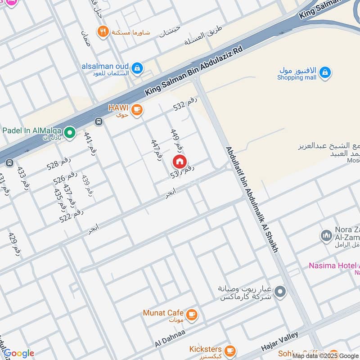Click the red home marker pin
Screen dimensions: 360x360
click(179, 162)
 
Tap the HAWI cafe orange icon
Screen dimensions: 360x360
click(137, 109)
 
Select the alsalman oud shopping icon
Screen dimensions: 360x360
click(138, 68)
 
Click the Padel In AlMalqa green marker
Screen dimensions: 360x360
click(69, 132)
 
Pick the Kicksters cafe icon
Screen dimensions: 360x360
click(229, 350)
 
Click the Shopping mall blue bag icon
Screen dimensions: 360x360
click(325, 72)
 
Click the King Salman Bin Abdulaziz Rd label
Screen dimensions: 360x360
click(193, 70)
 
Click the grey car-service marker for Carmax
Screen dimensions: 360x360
click(280, 292)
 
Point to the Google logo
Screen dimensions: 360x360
click(18, 354)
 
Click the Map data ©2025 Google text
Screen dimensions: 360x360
click(325, 355)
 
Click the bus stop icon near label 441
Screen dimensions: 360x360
click(99, 121)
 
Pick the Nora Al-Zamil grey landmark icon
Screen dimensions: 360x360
click(326, 235)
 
